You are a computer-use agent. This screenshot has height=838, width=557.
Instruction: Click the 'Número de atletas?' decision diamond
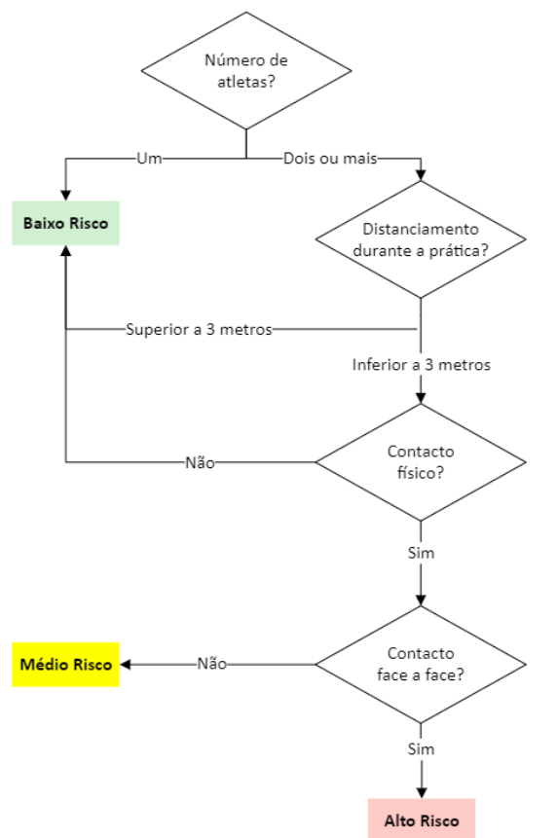245,70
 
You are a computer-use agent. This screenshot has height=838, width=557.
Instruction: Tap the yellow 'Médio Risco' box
65,665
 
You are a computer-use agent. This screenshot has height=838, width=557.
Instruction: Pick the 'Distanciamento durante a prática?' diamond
421,239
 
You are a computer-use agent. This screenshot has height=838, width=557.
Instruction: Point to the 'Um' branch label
148,157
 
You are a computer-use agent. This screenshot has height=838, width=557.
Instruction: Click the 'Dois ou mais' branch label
330,157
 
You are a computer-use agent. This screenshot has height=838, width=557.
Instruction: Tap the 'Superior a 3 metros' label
199,329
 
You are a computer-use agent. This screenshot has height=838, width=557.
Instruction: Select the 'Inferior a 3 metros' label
421,366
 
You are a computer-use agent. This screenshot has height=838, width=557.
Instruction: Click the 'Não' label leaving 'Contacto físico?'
200,462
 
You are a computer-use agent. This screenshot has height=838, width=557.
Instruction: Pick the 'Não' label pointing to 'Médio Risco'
211,664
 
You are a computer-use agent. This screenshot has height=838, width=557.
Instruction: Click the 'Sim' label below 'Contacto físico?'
421,553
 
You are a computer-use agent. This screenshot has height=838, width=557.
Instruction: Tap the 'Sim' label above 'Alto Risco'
421,749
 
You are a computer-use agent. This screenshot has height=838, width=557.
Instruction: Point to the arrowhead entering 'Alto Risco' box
421,792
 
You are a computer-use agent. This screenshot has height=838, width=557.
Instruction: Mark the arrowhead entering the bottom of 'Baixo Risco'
65,250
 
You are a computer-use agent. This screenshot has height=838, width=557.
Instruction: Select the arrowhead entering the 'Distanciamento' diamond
421,176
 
